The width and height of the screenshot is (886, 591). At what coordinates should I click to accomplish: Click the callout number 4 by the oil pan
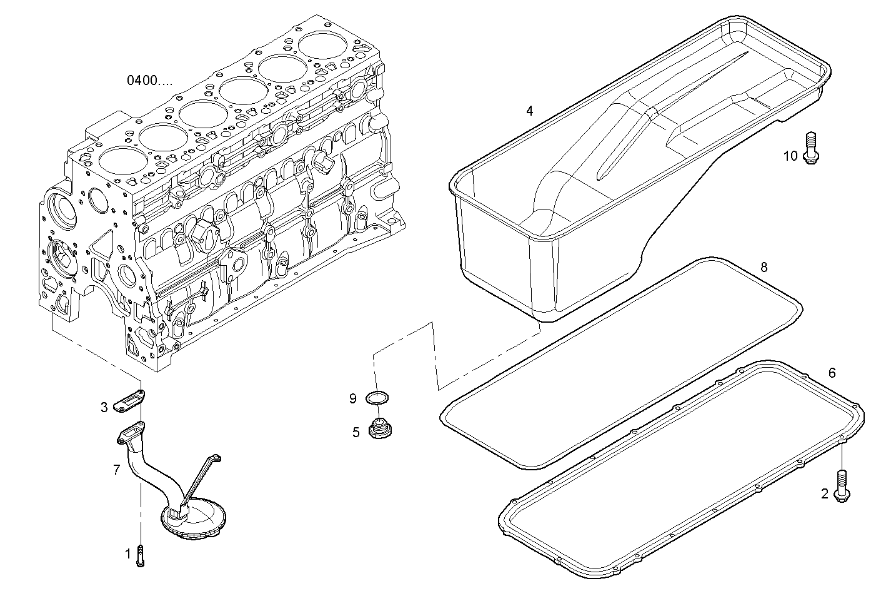pos(529,111)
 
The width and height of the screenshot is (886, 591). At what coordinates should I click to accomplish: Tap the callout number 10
pos(790,156)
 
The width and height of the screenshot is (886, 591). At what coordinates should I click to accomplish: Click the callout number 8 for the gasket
pos(764,267)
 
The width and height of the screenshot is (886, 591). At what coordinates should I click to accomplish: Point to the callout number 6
pos(832,373)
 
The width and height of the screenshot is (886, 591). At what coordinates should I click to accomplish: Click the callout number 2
pos(824,494)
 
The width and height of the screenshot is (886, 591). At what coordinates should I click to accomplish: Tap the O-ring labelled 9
pos(378,398)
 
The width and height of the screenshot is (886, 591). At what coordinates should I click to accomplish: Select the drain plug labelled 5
pos(379,430)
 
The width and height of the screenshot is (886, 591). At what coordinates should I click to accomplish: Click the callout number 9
pos(353,398)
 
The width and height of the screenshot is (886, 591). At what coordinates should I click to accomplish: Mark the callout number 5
pos(356,432)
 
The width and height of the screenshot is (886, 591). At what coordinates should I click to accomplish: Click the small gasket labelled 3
pos(129,402)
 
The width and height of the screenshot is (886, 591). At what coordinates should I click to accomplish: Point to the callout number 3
pos(104,408)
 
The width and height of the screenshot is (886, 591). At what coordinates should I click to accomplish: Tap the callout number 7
pos(116,470)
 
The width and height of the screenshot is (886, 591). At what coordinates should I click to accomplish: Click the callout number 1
pos(128,553)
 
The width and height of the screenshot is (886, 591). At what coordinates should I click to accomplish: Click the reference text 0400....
pos(149,80)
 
